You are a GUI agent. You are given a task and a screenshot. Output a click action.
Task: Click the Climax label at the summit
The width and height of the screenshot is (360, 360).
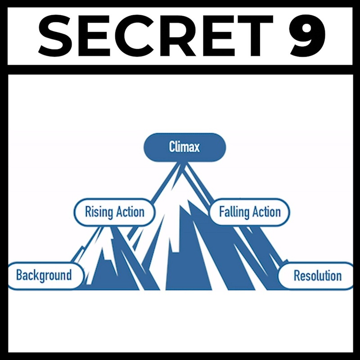coord(184,147)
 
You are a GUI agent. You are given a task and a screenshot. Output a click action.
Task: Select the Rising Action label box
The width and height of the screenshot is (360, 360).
coord(114,211)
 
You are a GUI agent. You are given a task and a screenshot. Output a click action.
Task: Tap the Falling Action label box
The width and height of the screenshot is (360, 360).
coord(249,211)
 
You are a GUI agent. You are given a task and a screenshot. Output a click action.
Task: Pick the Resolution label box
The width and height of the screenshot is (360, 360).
coord(317,275)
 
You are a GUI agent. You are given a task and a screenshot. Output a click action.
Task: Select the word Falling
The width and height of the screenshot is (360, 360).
coord(234,211)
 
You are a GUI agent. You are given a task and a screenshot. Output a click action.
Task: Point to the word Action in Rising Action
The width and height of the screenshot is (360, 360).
coord(130,211)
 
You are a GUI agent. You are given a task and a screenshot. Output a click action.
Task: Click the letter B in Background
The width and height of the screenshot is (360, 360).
coord(20,275)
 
